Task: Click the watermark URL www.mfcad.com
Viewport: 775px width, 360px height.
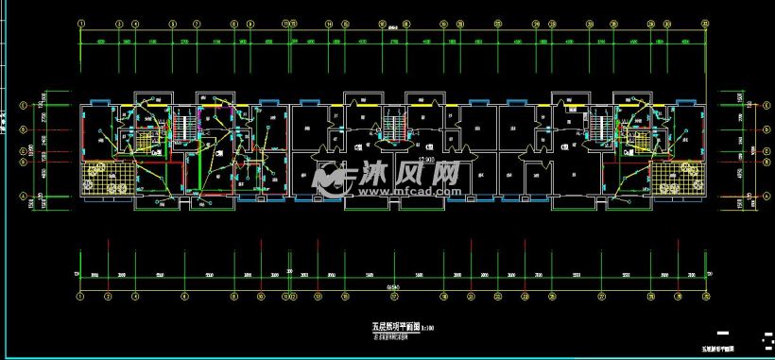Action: pos(389,190)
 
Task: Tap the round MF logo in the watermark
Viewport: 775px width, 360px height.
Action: pos(331,175)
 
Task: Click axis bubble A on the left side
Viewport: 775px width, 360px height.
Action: pos(24,195)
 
